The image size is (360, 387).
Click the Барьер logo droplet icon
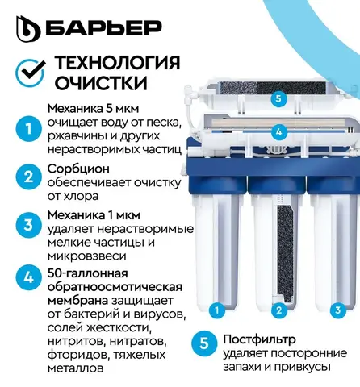[x=28, y=28]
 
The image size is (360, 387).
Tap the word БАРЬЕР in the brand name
[x=103, y=27]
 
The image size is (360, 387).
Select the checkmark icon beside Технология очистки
[x=30, y=73]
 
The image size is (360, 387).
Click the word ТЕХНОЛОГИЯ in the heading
[x=117, y=63]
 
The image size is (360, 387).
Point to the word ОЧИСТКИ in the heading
[x=101, y=82]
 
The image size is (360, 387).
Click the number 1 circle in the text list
[x=28, y=129]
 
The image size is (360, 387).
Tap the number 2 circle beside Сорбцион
[x=28, y=177]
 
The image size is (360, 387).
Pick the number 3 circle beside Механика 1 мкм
[x=28, y=225]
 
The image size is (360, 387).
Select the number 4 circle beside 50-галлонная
[x=28, y=277]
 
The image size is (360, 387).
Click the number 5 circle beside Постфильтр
[x=204, y=343]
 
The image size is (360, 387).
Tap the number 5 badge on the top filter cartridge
[x=278, y=98]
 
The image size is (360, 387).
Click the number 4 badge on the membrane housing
[x=278, y=131]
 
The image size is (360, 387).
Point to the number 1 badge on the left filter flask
[x=216, y=310]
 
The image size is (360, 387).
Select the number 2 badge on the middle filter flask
[x=279, y=310]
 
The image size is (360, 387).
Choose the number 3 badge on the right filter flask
[x=338, y=310]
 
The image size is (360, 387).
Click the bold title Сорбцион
[x=78, y=169]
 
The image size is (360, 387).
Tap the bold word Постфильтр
[x=259, y=339]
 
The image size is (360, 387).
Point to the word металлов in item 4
[x=76, y=368]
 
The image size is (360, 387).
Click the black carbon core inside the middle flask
[x=285, y=252]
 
